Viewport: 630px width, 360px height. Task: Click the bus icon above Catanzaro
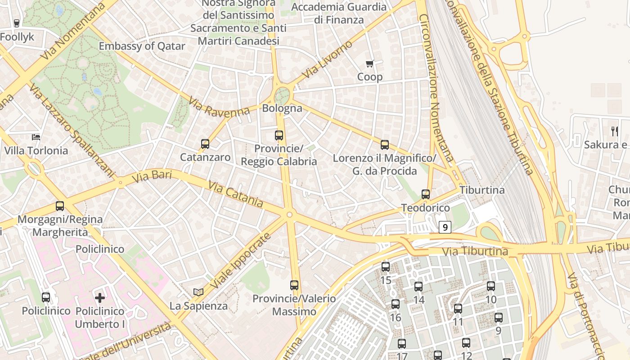coord(205,144)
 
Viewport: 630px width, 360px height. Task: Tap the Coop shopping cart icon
coord(369,64)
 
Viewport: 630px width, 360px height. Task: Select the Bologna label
coord(282,108)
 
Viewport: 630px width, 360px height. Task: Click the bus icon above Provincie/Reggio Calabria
coord(279,135)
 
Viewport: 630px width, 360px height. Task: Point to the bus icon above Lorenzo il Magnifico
coord(385,145)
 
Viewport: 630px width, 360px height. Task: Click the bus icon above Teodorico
coord(426,194)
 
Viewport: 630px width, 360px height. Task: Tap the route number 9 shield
coord(445,228)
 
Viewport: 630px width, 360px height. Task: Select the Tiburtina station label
coord(482,190)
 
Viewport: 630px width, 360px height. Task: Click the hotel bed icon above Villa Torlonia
coord(36,137)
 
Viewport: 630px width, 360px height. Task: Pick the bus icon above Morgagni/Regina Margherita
coord(60,206)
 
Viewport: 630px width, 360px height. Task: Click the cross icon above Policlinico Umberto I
coord(100,297)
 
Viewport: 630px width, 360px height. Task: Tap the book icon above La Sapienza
coord(198,292)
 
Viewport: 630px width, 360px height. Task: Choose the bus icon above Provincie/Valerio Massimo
coord(294,285)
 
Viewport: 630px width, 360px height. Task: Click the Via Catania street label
coord(236,194)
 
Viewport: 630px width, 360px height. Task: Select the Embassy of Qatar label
coord(142,46)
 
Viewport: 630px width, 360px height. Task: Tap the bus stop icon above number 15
coord(386,266)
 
